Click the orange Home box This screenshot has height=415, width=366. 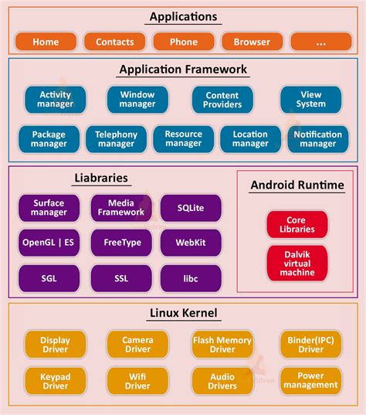click(46, 42)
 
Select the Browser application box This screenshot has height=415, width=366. click(252, 42)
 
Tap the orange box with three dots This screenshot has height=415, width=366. click(320, 42)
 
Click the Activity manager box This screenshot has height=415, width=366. click(55, 100)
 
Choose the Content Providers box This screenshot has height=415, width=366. click(222, 100)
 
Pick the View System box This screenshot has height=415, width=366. click(311, 100)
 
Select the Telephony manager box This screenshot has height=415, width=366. click(116, 139)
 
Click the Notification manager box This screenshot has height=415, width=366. click(317, 139)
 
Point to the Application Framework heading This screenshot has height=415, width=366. click(183, 70)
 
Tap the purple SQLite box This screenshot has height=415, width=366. click(191, 208)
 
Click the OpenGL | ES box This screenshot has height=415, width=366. click(49, 243)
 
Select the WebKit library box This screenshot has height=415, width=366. click(191, 243)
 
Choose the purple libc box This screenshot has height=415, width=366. click(191, 278)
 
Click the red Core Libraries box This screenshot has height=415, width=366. click(297, 224)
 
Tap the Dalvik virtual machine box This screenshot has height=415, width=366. click(297, 263)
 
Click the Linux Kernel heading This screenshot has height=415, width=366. click(183, 313)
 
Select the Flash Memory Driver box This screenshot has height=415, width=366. click(222, 345)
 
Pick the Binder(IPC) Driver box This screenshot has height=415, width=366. click(311, 345)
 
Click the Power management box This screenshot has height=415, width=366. click(311, 380)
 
